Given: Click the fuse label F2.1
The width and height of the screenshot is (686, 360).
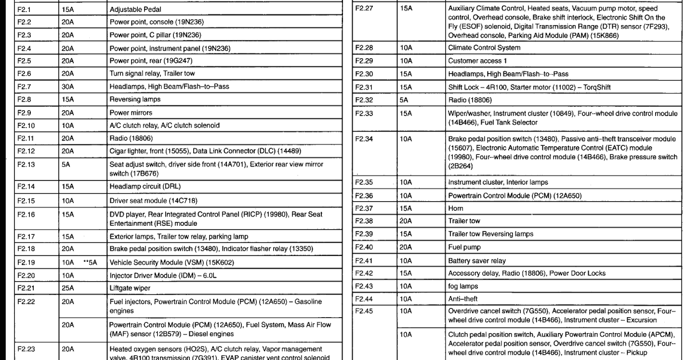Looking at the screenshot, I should click(25, 10).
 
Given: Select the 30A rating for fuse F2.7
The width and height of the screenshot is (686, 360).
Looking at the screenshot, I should click(68, 87).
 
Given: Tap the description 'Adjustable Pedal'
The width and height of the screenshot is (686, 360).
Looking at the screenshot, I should click(135, 10).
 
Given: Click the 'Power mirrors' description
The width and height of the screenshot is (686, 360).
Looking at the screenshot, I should click(131, 113).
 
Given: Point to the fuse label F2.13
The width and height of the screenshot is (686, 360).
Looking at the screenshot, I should click(26, 165).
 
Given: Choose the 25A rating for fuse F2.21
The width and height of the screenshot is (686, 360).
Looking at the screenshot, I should click(68, 288).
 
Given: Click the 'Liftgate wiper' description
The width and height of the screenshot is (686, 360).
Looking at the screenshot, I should click(131, 288).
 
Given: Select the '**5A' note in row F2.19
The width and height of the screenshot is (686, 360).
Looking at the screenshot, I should click(90, 263).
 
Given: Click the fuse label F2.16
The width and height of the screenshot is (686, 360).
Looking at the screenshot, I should click(26, 215).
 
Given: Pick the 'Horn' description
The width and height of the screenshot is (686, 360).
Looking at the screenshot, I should click(456, 209).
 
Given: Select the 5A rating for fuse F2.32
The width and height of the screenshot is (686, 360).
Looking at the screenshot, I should click(404, 100).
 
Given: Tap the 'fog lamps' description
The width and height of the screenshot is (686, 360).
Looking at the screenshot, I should click(462, 286).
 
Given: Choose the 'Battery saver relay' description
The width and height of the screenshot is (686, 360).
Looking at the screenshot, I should click(477, 261).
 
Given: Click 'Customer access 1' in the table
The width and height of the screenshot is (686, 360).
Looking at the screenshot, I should click(477, 61).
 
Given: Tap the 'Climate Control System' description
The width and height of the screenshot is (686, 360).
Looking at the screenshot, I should click(484, 48).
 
